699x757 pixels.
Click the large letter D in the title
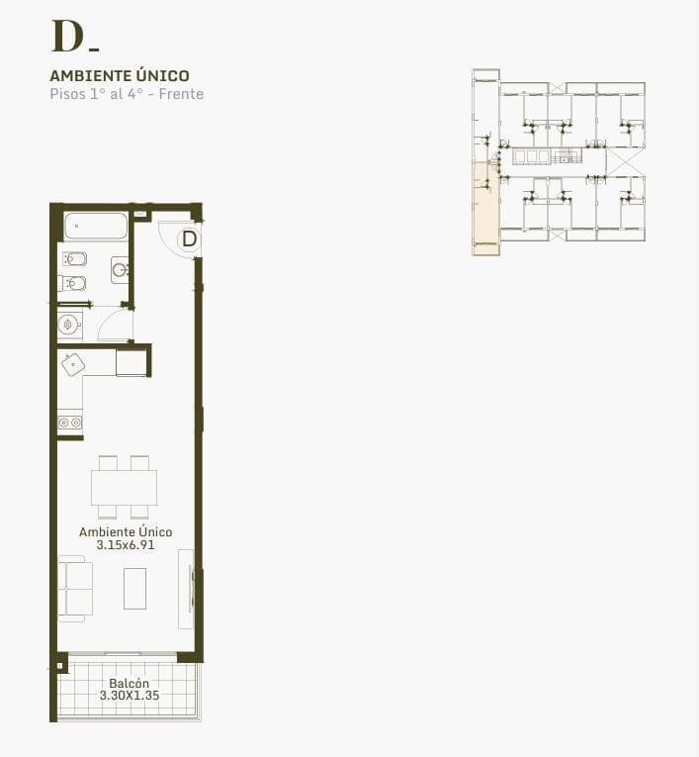tap(67, 37)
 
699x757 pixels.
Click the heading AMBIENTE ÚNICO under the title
tap(120, 76)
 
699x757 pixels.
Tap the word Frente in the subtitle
tap(181, 94)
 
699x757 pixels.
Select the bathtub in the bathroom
tap(96, 226)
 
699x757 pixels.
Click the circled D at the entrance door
tap(189, 239)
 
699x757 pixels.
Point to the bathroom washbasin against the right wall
tap(120, 270)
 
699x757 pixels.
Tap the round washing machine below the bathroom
tap(69, 325)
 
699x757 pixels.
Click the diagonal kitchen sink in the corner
tap(73, 364)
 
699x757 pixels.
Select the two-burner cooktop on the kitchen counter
tap(70, 423)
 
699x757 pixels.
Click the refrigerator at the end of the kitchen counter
tap(131, 362)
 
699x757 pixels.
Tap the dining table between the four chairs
tap(124, 488)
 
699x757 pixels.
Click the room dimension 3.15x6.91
tap(126, 545)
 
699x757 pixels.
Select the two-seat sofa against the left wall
tap(76, 588)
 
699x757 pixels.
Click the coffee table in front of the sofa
tap(135, 589)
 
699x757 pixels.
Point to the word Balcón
tap(129, 683)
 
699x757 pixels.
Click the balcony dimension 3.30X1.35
tap(130, 696)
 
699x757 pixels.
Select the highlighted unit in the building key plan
tap(485, 209)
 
